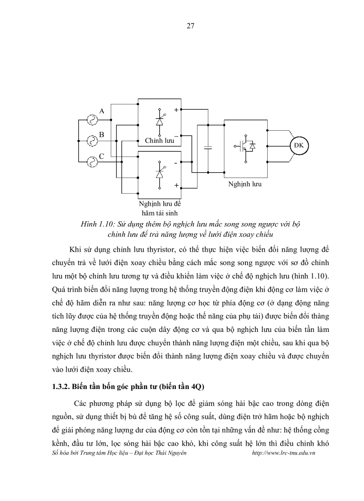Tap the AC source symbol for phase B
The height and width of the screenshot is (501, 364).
tap(92, 141)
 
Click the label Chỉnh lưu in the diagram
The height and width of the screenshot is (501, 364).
tap(159, 141)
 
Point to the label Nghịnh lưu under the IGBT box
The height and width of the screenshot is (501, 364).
tap(245, 184)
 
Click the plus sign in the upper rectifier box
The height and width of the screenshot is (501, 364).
tap(176, 110)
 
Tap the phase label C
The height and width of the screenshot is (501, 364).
tap(102, 157)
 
